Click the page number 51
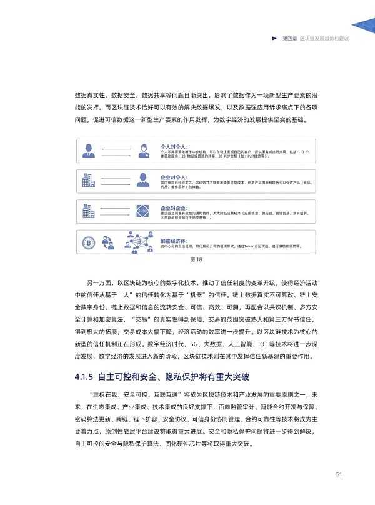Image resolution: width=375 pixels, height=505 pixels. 338,474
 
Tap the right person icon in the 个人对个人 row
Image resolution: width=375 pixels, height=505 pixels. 143,150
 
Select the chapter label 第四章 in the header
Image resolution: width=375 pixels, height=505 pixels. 289,39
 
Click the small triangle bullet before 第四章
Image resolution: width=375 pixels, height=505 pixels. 275,39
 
